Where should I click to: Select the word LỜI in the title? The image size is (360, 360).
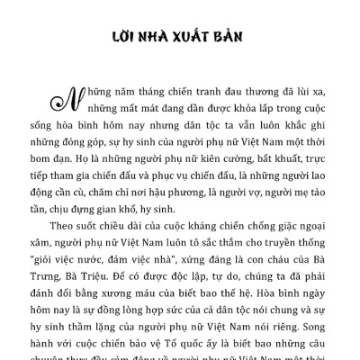124,40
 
